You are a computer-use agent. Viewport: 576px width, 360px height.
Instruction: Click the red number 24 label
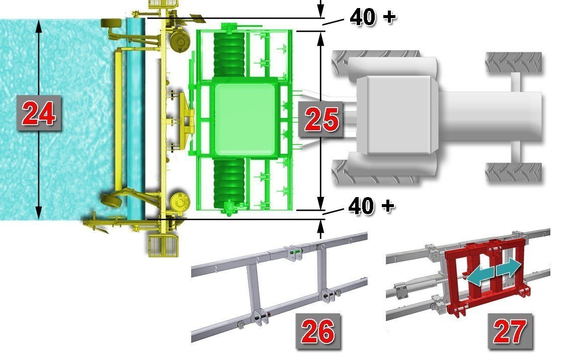[x=39, y=114]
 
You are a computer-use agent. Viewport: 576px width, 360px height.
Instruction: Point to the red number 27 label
[x=510, y=331]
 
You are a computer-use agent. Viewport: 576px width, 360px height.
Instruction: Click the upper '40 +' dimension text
[x=372, y=17]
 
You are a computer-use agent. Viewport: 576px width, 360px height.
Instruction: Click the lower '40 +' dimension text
[x=371, y=206]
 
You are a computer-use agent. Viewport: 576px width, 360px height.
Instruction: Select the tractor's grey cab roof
[x=398, y=115]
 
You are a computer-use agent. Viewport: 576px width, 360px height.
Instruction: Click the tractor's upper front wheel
[x=514, y=63]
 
